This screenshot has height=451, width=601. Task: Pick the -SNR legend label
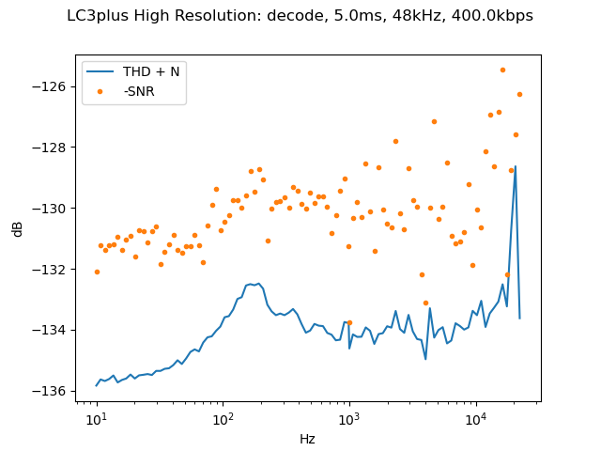point(139,91)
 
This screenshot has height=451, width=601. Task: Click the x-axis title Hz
point(307,439)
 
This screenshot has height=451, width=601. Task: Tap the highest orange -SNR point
point(502,70)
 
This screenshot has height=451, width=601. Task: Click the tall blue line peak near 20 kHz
point(516,166)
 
